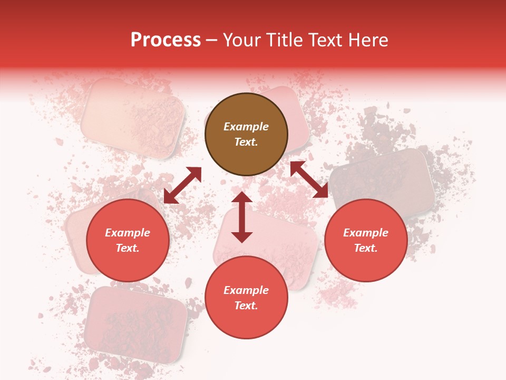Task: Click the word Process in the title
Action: [x=166, y=40]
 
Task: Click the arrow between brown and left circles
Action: [x=182, y=185]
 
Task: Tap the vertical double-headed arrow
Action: [x=242, y=216]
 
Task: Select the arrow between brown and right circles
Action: [x=309, y=179]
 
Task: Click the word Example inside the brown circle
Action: [x=246, y=127]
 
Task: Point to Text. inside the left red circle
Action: [x=128, y=248]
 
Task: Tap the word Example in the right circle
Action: [x=366, y=233]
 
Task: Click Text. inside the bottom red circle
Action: [x=246, y=306]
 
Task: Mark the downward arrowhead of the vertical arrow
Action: [x=242, y=236]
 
